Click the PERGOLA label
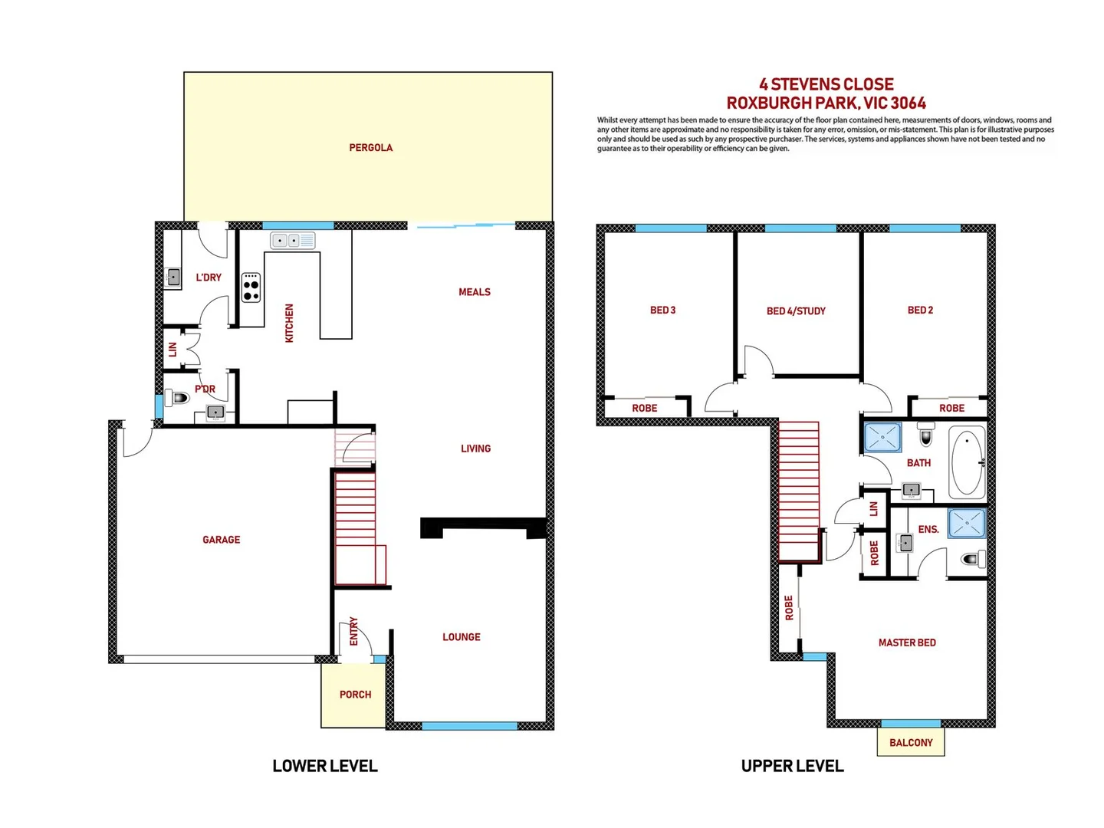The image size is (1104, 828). tap(370, 147)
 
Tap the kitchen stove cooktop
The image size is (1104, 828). tap(251, 287)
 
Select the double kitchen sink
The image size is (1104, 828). tap(292, 241)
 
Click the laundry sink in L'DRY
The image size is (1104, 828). tap(173, 277)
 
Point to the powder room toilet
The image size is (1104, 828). tap(179, 398)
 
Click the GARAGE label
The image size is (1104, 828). tap(221, 540)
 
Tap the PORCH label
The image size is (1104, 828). tap(355, 695)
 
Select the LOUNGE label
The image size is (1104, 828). tap(461, 637)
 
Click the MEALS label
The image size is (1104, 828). tap(474, 292)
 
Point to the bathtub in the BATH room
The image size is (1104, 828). tap(967, 463)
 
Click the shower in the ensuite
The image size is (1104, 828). tap(967, 524)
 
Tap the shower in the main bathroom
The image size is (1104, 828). tap(882, 438)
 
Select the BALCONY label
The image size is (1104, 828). tap(911, 742)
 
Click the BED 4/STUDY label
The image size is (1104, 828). tap(796, 311)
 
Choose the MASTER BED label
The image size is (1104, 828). tap(907, 642)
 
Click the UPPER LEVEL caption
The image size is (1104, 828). tap(792, 766)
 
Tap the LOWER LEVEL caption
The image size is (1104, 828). tap(325, 766)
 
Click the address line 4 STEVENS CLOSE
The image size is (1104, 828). tap(826, 84)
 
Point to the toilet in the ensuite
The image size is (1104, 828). tap(972, 559)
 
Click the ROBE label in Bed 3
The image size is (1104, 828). tap(644, 408)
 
